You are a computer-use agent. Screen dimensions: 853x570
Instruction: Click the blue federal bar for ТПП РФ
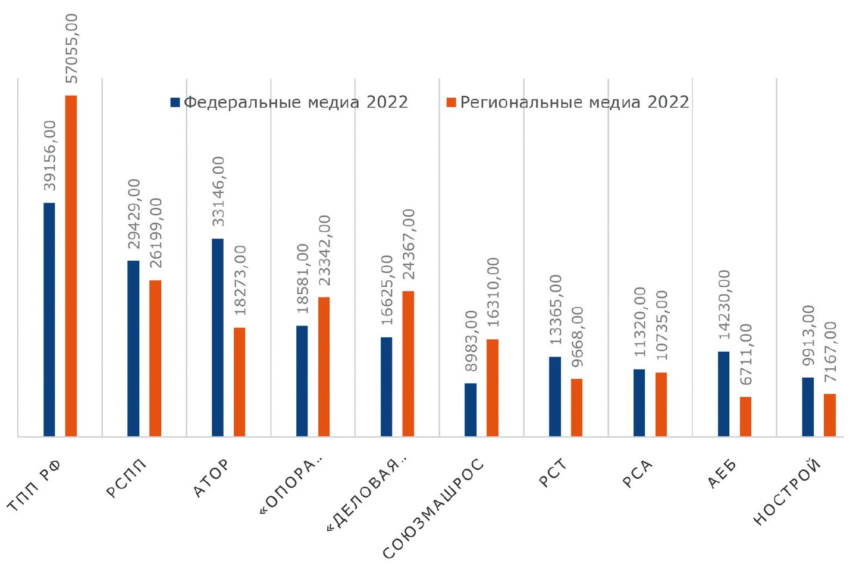pyautogui.click(x=49, y=320)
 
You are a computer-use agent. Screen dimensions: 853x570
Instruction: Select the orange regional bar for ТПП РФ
pyautogui.click(x=71, y=265)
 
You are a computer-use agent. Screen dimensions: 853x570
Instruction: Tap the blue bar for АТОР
pyautogui.click(x=218, y=337)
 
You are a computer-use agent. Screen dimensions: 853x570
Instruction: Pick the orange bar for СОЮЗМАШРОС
pyautogui.click(x=493, y=387)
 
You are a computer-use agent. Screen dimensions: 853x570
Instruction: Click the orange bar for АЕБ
pyautogui.click(x=745, y=416)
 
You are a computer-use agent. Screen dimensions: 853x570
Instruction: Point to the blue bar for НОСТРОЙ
pyautogui.click(x=808, y=407)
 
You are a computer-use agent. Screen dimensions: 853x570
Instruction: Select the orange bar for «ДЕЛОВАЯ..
pyautogui.click(x=408, y=364)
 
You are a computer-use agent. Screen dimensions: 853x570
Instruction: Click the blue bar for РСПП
pyautogui.click(x=133, y=348)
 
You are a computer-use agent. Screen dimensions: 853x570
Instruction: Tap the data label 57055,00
pyautogui.click(x=71, y=48)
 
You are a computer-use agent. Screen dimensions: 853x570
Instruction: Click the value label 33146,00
pyautogui.click(x=218, y=191)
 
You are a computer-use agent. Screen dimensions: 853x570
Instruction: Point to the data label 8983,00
pyautogui.click(x=471, y=340)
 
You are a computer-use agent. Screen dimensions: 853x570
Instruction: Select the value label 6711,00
pyautogui.click(x=746, y=355)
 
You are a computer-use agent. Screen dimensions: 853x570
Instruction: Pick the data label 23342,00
pyautogui.click(x=324, y=250)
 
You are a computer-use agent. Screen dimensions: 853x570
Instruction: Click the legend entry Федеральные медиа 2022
pyautogui.click(x=290, y=102)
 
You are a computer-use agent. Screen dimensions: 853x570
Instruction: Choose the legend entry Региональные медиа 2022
pyautogui.click(x=568, y=102)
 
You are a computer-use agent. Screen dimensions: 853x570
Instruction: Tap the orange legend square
pyautogui.click(x=451, y=102)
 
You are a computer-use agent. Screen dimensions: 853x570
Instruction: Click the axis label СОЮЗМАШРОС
pyautogui.click(x=432, y=509)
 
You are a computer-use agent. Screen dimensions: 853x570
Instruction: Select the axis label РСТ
pyautogui.click(x=553, y=473)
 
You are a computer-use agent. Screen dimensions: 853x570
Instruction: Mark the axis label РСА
pyautogui.click(x=638, y=474)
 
